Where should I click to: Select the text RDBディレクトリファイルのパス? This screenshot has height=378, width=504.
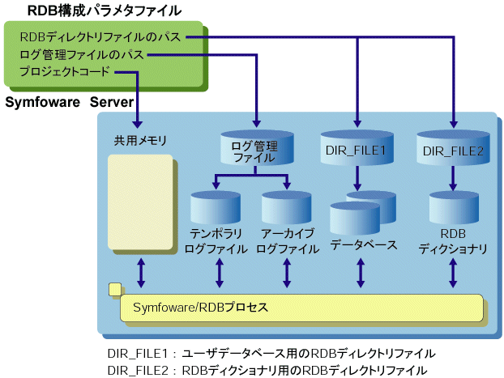pyautogui.click(x=100, y=36)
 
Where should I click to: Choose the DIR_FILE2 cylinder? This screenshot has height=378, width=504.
pyautogui.click(x=453, y=147)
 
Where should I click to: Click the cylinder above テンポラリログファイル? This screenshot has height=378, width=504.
pyautogui.click(x=215, y=209)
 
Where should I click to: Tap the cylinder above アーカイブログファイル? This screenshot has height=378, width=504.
pyautogui.click(x=287, y=209)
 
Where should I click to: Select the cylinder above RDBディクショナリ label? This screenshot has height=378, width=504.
pyautogui.click(x=453, y=209)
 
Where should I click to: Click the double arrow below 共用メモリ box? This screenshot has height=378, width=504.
pyautogui.click(x=142, y=272)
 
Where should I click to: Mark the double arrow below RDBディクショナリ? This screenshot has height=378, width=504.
pyautogui.click(x=453, y=274)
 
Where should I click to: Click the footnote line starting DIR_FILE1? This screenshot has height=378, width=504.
pyautogui.click(x=271, y=354)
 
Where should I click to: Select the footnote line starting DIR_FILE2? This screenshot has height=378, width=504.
pyautogui.click(x=267, y=370)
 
